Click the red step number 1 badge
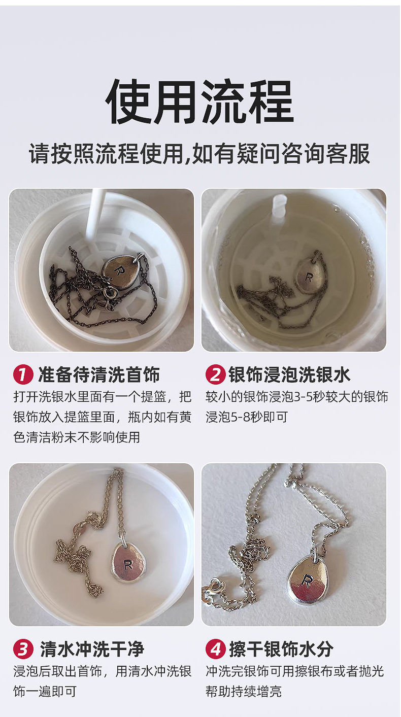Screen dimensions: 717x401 tap(23, 375)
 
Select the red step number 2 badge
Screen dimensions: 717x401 tap(215, 375)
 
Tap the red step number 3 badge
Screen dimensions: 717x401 tap(23, 649)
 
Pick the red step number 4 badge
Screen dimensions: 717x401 tap(215, 649)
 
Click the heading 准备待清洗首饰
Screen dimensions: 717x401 tap(99, 375)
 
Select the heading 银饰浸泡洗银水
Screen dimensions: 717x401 tap(289, 375)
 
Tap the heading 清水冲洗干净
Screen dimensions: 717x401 tap(92, 649)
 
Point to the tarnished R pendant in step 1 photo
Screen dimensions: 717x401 tap(120, 269)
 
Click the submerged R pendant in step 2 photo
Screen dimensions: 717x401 tap(309, 277)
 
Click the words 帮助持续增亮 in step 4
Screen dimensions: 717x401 tap(244, 691)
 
